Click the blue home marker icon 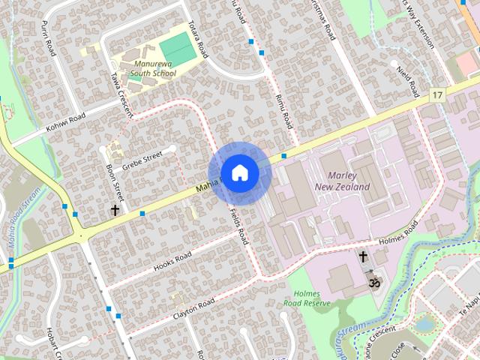point(239,172)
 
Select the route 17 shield point(437,95)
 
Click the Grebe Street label point(142,160)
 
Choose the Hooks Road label point(172,259)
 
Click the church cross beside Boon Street point(115,210)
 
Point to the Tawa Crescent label point(121,96)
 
